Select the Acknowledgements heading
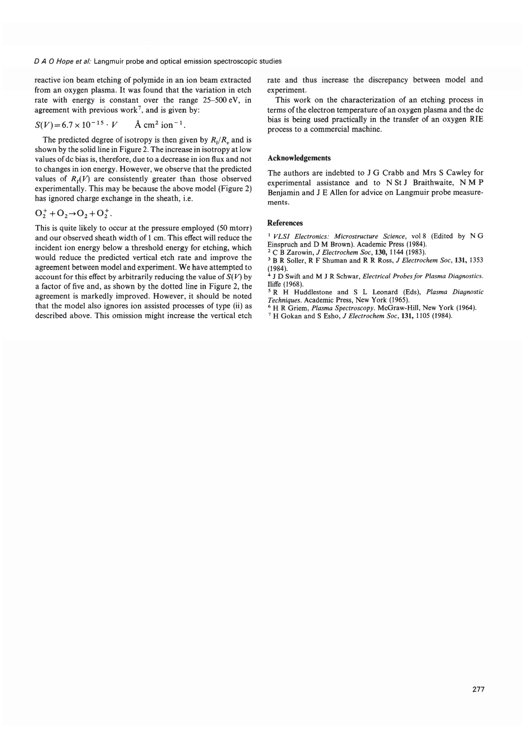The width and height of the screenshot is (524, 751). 299,158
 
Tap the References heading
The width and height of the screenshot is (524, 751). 285,223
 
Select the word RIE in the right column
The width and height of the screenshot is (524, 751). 476,120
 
